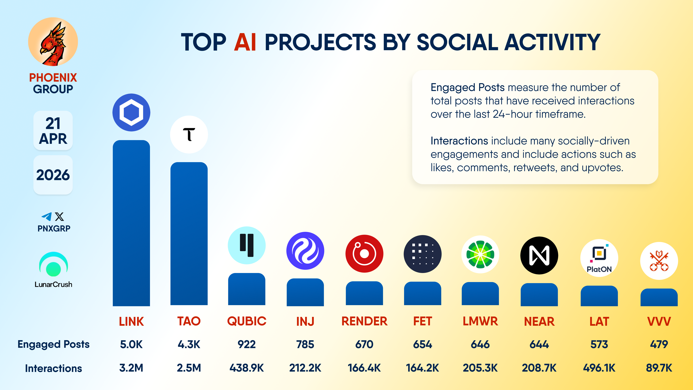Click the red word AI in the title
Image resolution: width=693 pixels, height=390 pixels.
(245, 42)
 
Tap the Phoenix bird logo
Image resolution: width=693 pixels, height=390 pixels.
(53, 42)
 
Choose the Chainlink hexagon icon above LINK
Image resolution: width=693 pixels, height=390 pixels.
(131, 112)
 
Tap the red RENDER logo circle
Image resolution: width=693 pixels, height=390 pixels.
(364, 253)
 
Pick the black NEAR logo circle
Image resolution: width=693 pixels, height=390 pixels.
(539, 255)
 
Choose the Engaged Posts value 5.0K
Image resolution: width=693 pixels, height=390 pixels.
(131, 344)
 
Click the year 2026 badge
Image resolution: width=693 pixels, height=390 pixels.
(53, 175)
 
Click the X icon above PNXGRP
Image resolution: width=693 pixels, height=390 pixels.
(59, 217)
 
